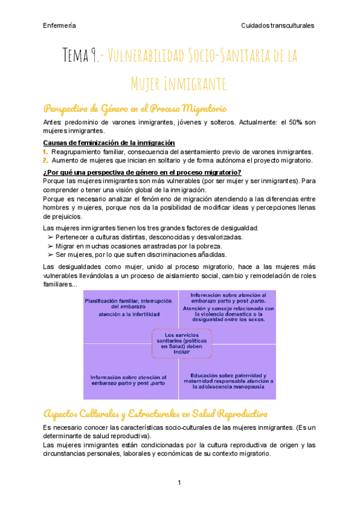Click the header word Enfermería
tap(59, 25)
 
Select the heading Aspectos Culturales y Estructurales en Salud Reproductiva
tap(155, 414)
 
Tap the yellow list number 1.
tap(46, 152)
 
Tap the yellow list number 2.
tap(46, 160)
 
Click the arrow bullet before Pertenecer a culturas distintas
tap(50, 237)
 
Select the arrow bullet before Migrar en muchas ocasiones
tap(50, 246)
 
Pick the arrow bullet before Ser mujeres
tap(50, 254)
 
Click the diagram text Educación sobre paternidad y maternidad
tap(227, 381)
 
